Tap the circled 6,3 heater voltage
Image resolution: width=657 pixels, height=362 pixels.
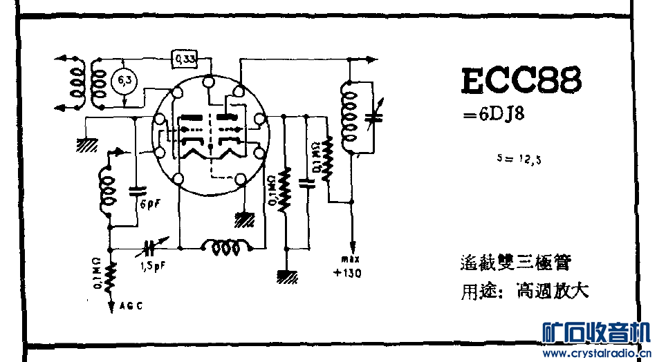click(124, 82)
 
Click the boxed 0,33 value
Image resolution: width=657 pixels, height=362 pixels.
click(185, 59)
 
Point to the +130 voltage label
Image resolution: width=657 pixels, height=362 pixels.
click(347, 272)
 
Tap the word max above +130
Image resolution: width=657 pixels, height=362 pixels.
click(347, 259)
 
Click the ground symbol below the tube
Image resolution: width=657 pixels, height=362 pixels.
click(244, 220)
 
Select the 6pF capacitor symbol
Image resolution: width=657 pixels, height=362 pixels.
click(138, 189)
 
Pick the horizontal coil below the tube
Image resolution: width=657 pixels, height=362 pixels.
click(225, 247)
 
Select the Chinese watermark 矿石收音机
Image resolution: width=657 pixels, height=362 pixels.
click(596, 333)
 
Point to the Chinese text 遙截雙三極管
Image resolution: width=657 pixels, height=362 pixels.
click(515, 263)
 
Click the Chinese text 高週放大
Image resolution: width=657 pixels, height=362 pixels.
click(552, 290)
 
